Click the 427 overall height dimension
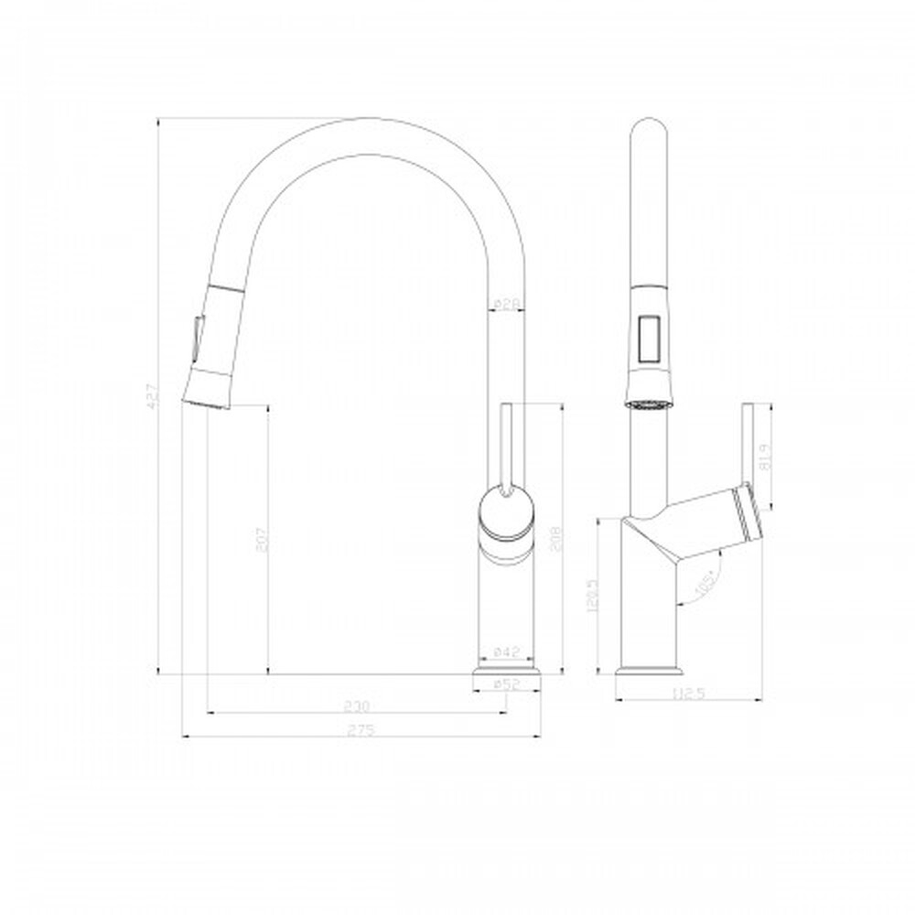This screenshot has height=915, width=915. click(x=155, y=394)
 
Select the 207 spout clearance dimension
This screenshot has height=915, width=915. click(x=261, y=539)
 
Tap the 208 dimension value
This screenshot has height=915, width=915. click(x=554, y=540)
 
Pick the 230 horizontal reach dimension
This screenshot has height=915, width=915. click(x=356, y=705)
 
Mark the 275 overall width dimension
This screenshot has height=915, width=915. click(x=361, y=729)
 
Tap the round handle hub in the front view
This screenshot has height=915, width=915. click(x=505, y=511)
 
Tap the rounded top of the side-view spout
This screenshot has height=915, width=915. click(x=651, y=128)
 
